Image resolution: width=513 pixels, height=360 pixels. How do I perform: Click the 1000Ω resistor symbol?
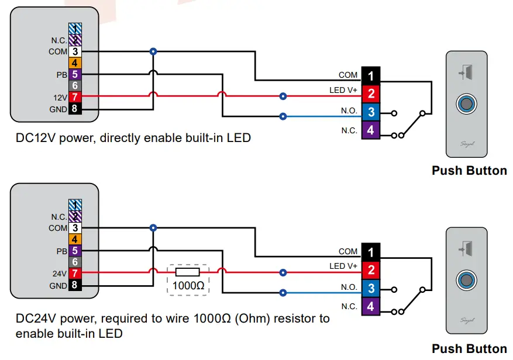[187, 272]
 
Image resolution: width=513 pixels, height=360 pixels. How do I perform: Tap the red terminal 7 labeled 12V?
[75, 97]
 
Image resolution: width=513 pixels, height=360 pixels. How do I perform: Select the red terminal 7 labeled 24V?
[75, 273]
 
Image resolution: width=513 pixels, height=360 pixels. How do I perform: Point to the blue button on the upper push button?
[467, 105]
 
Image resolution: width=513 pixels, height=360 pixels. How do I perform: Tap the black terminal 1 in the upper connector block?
[371, 76]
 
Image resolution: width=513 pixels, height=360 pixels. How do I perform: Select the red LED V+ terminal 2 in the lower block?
[371, 269]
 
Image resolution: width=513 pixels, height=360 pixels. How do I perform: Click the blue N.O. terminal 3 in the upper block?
[371, 112]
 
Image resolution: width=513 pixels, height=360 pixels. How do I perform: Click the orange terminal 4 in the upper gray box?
[75, 63]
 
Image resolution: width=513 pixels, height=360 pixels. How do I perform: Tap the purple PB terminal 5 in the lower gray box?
[75, 250]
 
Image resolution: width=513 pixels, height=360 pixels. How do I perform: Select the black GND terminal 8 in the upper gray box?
[75, 109]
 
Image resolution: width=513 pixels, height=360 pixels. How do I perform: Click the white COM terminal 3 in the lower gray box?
[75, 228]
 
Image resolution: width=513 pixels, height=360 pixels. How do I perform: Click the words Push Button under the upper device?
[469, 171]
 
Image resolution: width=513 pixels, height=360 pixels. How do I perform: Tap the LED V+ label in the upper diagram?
[343, 91]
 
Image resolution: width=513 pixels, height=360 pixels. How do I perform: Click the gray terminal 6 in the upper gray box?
[75, 86]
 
